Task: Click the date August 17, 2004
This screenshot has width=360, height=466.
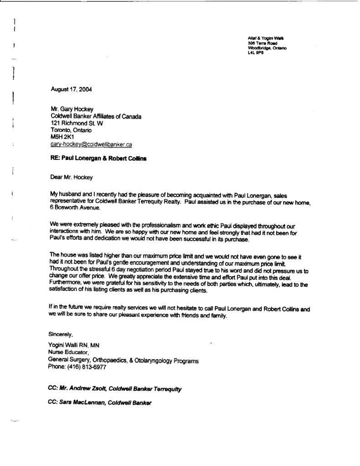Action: (71, 90)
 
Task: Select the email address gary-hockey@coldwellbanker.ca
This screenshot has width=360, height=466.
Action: (91, 145)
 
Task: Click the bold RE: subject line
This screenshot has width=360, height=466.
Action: (99, 160)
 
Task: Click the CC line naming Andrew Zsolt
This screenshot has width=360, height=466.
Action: (114, 389)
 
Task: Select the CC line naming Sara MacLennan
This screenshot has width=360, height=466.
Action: (99, 403)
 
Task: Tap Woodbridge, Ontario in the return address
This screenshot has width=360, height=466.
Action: (267, 48)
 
